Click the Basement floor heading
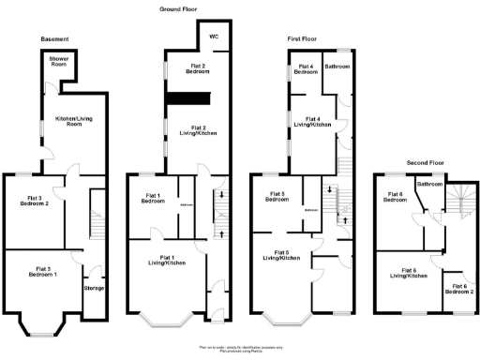click(55, 38)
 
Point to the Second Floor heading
click(425, 161)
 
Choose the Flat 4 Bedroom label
click(306, 69)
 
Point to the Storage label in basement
click(94, 288)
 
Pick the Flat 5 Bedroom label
click(277, 197)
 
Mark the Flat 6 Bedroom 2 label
click(458, 289)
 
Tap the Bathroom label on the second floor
click(430, 185)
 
